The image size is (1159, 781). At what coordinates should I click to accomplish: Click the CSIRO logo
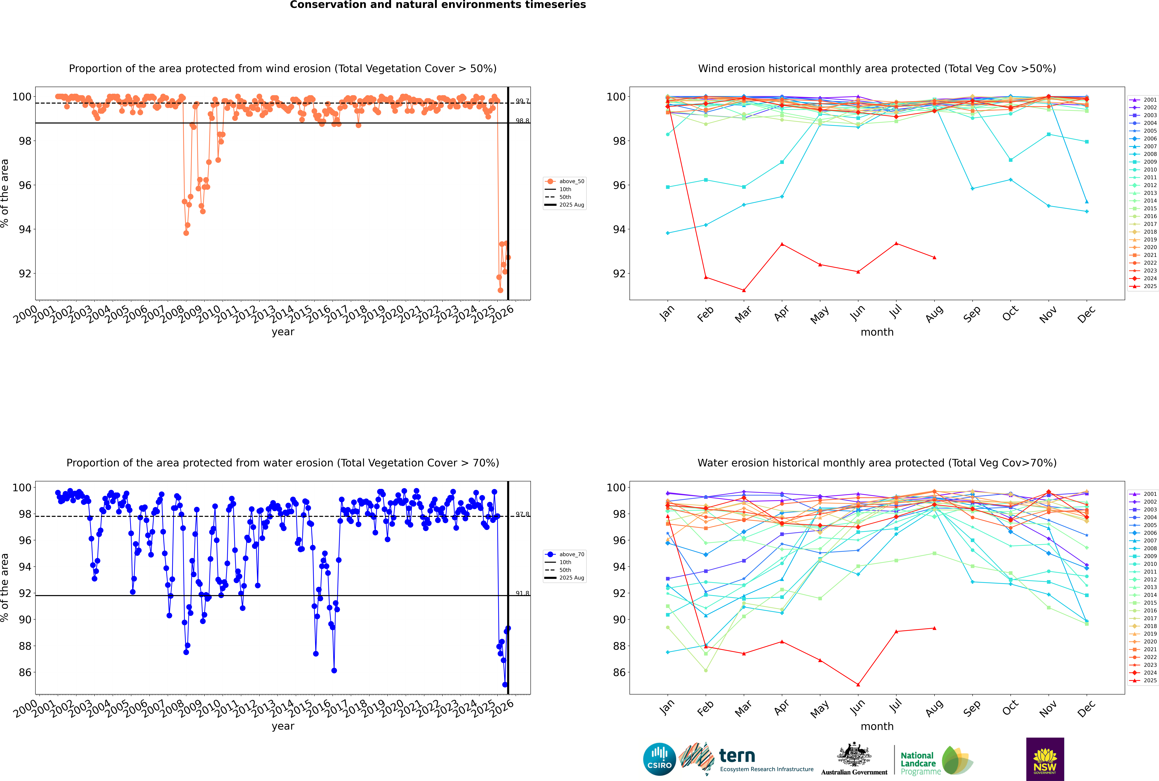(659, 759)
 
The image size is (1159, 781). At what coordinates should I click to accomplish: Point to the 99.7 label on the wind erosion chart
(522, 101)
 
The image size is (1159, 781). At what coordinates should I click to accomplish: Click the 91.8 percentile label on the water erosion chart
(522, 593)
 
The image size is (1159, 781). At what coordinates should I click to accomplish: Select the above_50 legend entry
(571, 181)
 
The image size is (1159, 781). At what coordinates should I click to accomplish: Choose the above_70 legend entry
(571, 554)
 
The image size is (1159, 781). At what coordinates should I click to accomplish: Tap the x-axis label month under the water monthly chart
(877, 726)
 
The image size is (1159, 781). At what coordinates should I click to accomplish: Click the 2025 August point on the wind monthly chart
(934, 257)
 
